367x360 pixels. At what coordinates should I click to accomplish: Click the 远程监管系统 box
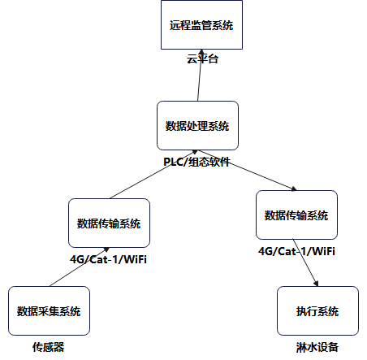click(x=201, y=25)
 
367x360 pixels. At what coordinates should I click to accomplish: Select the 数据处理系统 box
click(x=197, y=126)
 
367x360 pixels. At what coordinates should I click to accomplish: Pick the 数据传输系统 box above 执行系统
click(x=296, y=215)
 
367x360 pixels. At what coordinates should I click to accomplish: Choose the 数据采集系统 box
click(x=49, y=310)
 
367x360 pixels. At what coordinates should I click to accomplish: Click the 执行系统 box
click(x=317, y=310)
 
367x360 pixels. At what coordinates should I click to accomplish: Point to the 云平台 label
click(x=202, y=59)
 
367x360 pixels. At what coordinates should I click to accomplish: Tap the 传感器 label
click(x=48, y=347)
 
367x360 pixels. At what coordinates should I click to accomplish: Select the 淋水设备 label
click(x=317, y=347)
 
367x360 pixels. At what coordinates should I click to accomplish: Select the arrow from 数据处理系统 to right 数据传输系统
click(x=244, y=174)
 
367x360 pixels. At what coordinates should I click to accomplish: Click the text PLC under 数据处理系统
click(x=174, y=163)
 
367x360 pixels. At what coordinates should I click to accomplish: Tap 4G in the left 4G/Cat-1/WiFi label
click(x=78, y=260)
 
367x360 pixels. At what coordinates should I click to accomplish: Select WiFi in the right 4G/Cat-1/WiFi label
click(x=321, y=252)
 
